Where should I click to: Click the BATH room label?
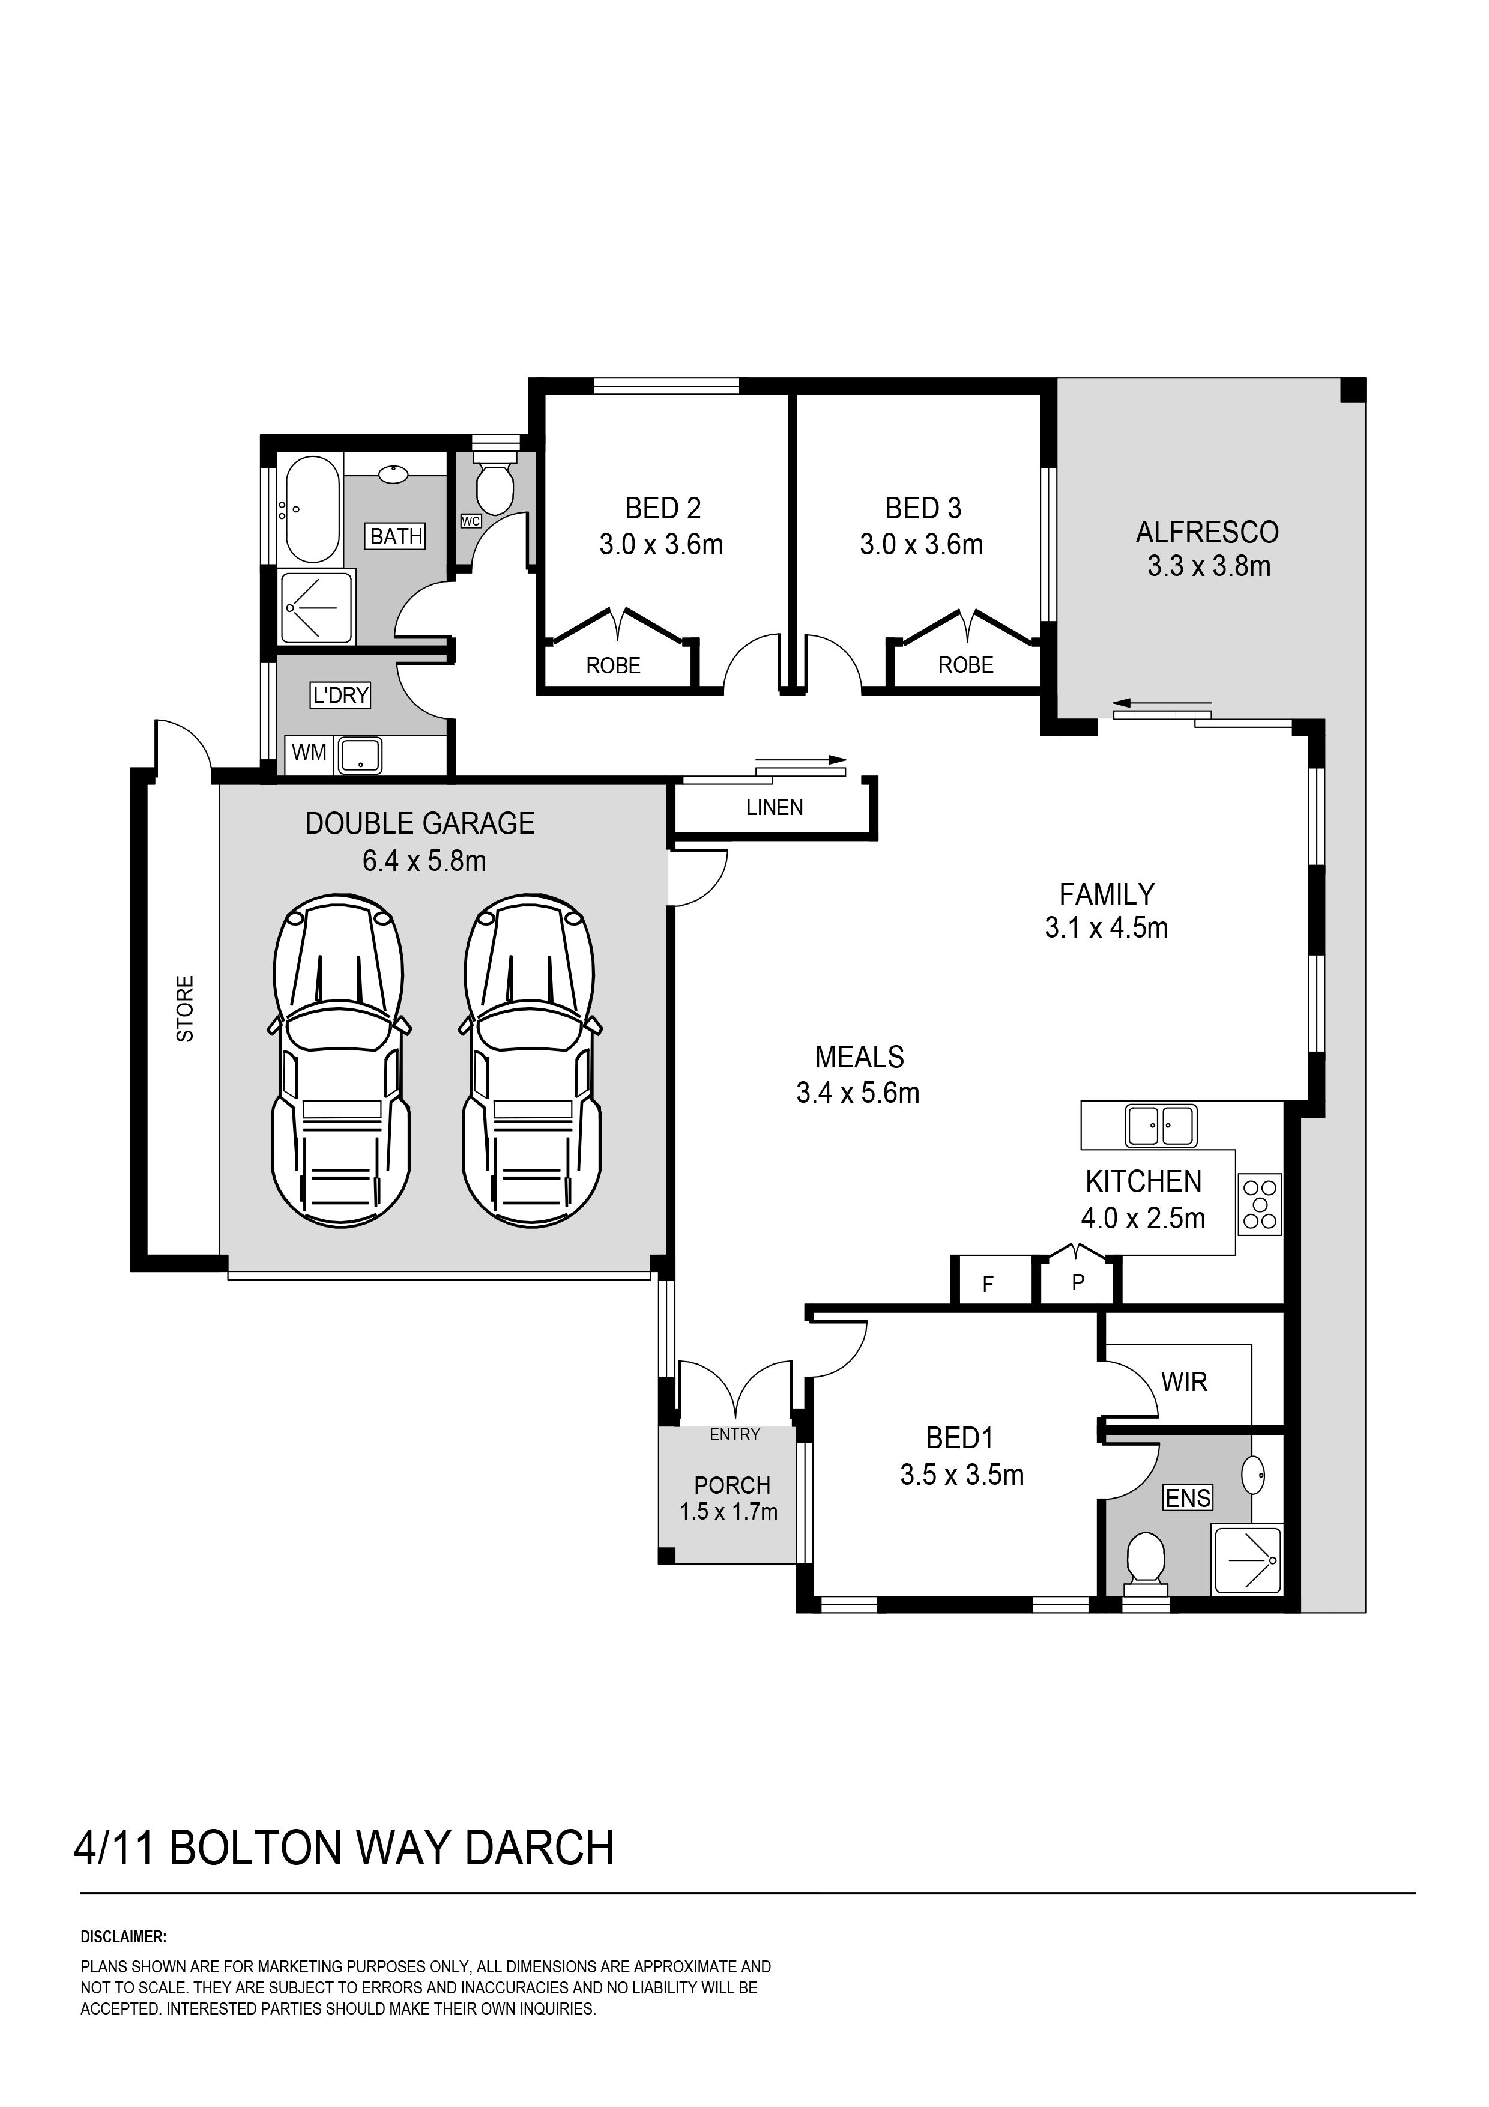(396, 536)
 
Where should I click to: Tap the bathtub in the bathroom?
(312, 509)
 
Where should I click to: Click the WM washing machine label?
(309, 753)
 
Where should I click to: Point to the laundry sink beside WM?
(361, 755)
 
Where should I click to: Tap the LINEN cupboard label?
(775, 808)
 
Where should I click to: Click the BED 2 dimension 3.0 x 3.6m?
(662, 545)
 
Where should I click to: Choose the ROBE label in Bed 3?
(966, 665)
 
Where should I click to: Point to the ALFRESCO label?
(1207, 532)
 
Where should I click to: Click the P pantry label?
(1078, 1282)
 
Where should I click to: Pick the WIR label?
(1185, 1382)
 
